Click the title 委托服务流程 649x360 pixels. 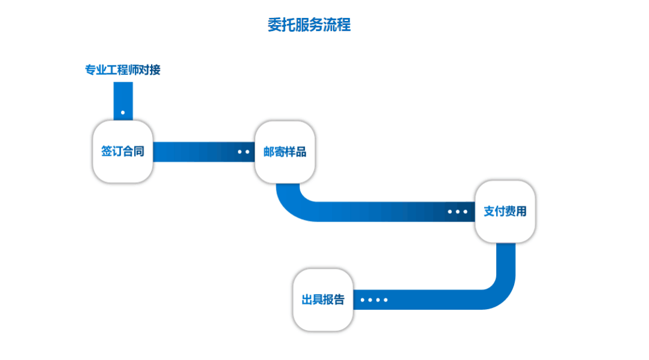click(x=309, y=25)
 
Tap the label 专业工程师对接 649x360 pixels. click(x=122, y=70)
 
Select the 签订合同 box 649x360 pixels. click(x=122, y=152)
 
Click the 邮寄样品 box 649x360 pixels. click(x=285, y=152)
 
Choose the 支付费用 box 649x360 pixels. click(x=505, y=211)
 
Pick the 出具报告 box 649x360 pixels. click(x=322, y=300)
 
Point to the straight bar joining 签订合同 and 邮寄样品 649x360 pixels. click(x=192, y=152)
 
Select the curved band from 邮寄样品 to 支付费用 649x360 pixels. click(x=360, y=211)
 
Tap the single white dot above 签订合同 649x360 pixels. click(x=123, y=112)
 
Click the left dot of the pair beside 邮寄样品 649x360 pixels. click(x=240, y=152)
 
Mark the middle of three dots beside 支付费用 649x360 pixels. click(x=458, y=211)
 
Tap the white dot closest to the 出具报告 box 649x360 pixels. click(x=363, y=300)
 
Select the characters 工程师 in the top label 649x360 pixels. click(x=122, y=70)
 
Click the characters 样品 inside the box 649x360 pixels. click(x=295, y=152)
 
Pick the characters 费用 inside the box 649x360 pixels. click(x=515, y=211)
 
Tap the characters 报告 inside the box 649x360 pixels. click(x=333, y=300)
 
